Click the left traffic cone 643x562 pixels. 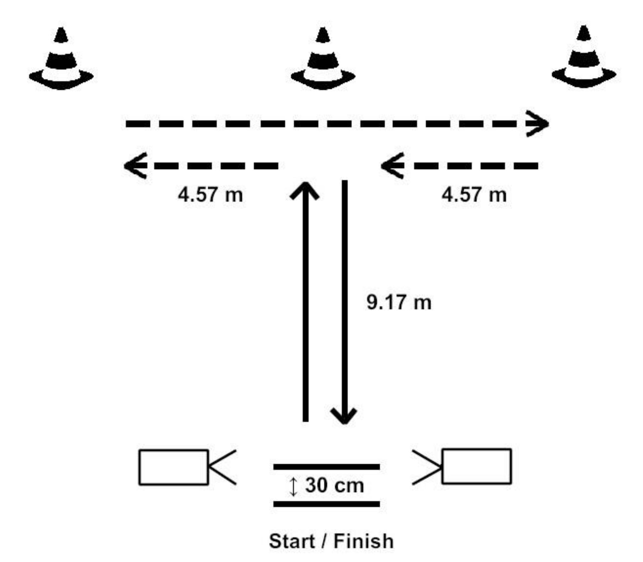coord(61,60)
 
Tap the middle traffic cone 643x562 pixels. coord(323,60)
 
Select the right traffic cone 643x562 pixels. coord(583,59)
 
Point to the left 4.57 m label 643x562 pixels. coord(210,194)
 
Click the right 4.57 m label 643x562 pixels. coord(474,194)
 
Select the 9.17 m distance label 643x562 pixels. coord(399,302)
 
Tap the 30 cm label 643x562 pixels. coord(334,485)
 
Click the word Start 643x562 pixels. coord(292,541)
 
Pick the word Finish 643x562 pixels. coord(363,541)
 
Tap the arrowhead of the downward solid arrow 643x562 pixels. coord(344,416)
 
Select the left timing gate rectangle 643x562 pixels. coord(174,467)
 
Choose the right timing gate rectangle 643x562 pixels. coord(477,467)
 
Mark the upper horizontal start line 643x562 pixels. coord(326,467)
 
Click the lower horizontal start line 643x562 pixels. coord(326,504)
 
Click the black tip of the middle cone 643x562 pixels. coord(323,35)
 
